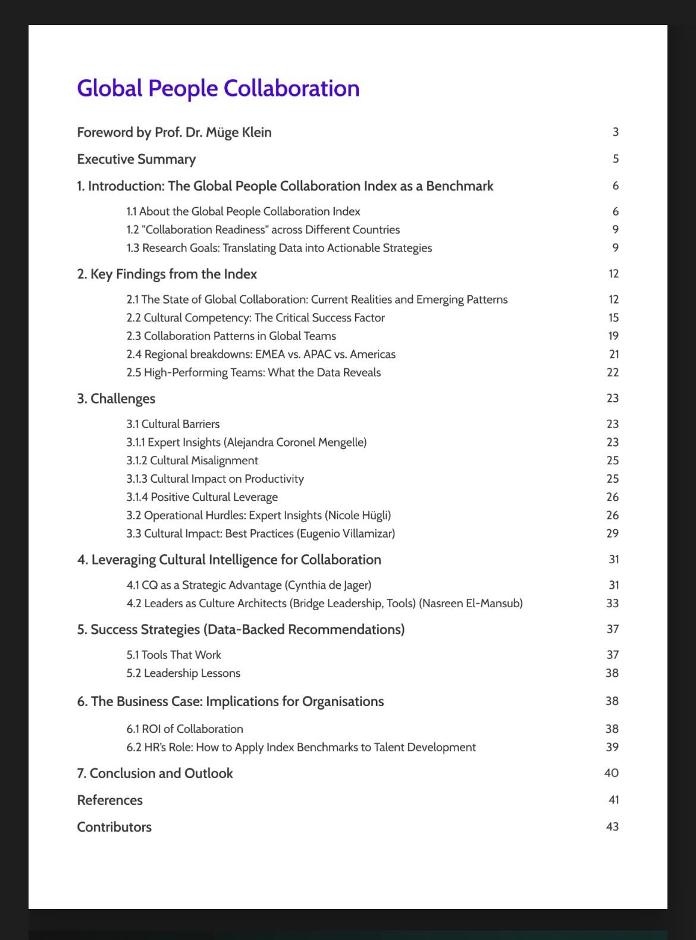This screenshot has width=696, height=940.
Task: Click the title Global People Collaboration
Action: [x=218, y=88]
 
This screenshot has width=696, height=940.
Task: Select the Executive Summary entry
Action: [x=136, y=159]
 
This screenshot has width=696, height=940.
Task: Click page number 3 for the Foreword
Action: [x=616, y=132]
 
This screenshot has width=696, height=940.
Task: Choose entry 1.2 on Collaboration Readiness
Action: [x=263, y=230]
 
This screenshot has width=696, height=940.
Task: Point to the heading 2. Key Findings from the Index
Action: [x=167, y=274]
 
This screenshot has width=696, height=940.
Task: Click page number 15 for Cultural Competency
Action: [x=613, y=318]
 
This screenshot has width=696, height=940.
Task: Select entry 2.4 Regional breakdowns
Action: [x=261, y=354]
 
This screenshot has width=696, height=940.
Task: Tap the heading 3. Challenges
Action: [x=116, y=398]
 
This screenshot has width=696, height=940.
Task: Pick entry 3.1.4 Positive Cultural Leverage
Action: [x=202, y=497]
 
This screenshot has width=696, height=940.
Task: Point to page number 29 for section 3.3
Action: [x=612, y=533]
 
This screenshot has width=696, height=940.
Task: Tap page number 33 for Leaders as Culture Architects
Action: [x=612, y=603]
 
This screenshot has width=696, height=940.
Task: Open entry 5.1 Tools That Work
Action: [x=173, y=655]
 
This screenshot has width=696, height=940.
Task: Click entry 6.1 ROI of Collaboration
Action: [x=184, y=729]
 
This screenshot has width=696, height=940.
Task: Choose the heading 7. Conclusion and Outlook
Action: [x=155, y=773]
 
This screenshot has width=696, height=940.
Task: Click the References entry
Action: [x=109, y=800]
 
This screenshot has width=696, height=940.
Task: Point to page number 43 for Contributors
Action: [x=612, y=826]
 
